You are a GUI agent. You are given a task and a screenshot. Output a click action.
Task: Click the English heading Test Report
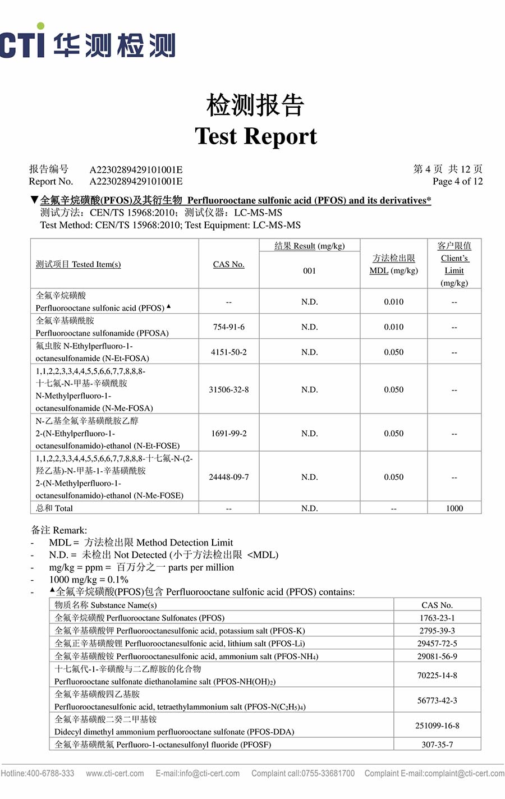pos(256,136)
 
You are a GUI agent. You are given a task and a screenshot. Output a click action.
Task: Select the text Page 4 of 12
pos(457,181)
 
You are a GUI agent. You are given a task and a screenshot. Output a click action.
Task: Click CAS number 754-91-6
pos(228,327)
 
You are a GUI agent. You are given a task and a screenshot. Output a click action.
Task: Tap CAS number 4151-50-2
pos(228,352)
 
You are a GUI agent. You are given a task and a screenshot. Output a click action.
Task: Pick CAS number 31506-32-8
pos(228,389)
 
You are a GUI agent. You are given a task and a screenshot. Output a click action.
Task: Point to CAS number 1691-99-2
pos(228,434)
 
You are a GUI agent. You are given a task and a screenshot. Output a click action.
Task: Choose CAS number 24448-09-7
pos(228,477)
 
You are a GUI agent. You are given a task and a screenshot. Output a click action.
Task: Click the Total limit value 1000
pos(454,508)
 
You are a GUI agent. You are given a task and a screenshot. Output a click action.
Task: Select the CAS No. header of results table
pos(228,264)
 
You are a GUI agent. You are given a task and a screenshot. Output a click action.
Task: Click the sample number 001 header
pos(309,270)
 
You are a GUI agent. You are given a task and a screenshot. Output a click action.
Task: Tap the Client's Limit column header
pos(454,264)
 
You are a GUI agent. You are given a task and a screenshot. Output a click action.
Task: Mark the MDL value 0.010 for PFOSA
pos(393,327)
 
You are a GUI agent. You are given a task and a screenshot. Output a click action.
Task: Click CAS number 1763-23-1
pos(437,618)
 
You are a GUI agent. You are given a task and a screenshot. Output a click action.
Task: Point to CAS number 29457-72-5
pos(437,644)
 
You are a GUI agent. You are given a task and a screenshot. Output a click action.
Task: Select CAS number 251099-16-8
pos(437,725)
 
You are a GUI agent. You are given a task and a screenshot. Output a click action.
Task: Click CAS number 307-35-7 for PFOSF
pos(437,745)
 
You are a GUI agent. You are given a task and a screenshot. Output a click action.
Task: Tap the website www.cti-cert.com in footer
pos(115,773)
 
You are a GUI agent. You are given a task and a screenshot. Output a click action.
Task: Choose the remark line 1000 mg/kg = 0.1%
pos(89,580)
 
